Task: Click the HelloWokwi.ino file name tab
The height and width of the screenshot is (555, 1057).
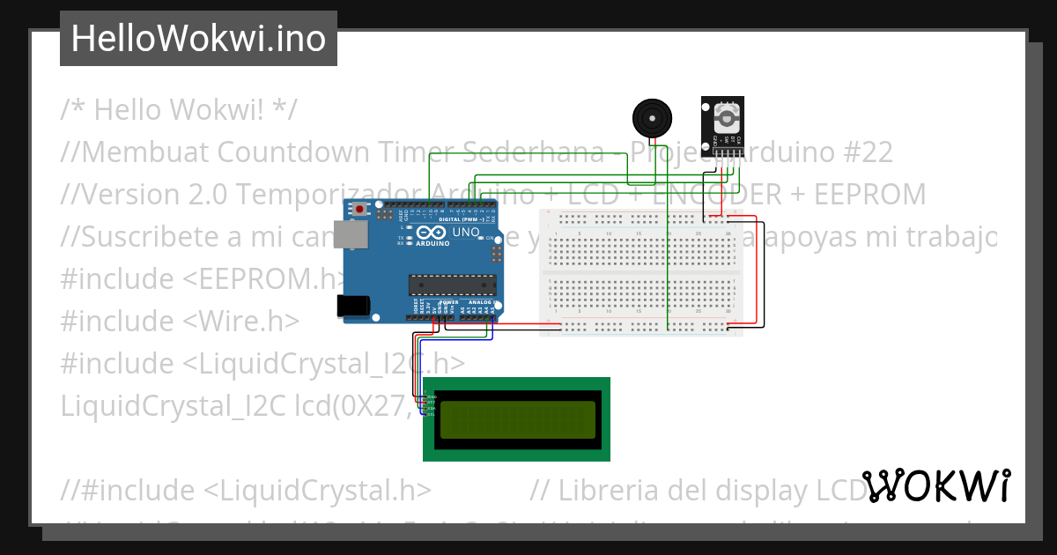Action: tap(198, 39)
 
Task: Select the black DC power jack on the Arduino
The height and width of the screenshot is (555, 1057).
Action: tap(353, 305)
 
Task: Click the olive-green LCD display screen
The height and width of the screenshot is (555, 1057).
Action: tap(514, 419)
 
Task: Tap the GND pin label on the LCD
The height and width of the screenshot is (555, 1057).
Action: tap(432, 397)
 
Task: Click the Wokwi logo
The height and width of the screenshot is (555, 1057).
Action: tap(936, 486)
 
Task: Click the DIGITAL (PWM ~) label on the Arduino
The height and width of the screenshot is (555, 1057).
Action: tap(467, 219)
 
